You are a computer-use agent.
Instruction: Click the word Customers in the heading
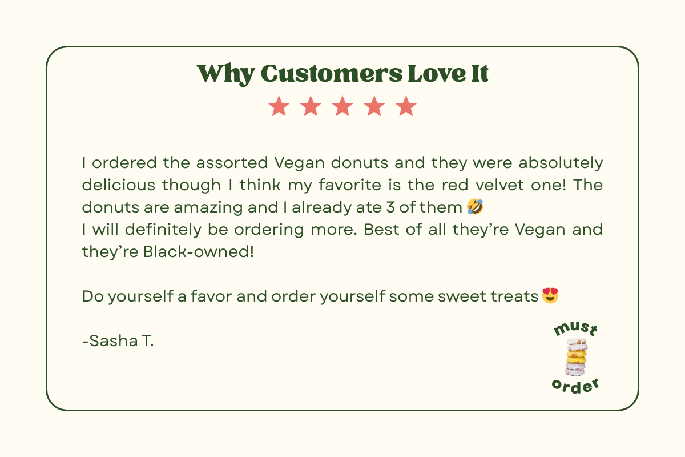click(332, 74)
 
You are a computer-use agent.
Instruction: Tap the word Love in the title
click(437, 74)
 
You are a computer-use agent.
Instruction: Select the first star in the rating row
click(279, 106)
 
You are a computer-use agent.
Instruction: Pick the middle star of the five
click(342, 106)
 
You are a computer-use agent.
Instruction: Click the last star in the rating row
click(406, 106)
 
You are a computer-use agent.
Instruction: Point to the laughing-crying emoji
click(475, 207)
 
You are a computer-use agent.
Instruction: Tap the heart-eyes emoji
click(550, 295)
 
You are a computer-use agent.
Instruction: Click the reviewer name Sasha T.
click(118, 340)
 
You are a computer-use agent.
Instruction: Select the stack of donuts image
click(576, 357)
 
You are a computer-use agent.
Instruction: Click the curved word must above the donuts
click(576, 329)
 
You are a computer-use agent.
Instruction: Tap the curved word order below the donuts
click(575, 386)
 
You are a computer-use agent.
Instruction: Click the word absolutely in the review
click(561, 163)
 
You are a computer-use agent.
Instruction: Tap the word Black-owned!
click(199, 252)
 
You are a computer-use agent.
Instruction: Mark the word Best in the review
click(382, 230)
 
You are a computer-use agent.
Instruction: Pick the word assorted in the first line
click(232, 163)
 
